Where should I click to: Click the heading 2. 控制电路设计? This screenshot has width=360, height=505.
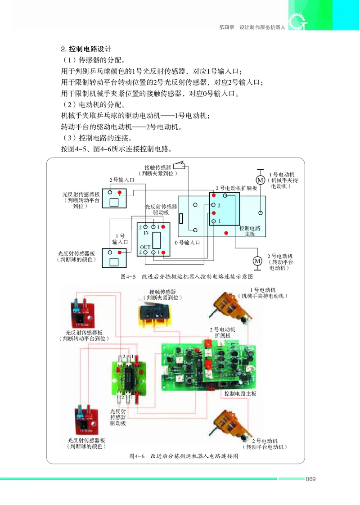click(86, 49)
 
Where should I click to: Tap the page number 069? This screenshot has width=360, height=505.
click(310, 478)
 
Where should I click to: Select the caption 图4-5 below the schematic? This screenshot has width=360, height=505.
click(187, 276)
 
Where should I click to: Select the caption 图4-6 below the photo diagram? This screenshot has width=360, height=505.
click(183, 456)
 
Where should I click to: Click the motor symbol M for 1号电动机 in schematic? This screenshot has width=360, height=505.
click(260, 180)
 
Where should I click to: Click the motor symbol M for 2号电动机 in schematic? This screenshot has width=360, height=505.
click(257, 261)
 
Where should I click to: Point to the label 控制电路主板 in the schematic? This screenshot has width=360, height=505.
click(250, 231)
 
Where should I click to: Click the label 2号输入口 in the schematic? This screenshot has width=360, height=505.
click(121, 180)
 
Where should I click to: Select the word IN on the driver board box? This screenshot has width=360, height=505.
click(146, 233)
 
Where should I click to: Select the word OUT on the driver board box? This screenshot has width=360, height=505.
click(145, 247)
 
